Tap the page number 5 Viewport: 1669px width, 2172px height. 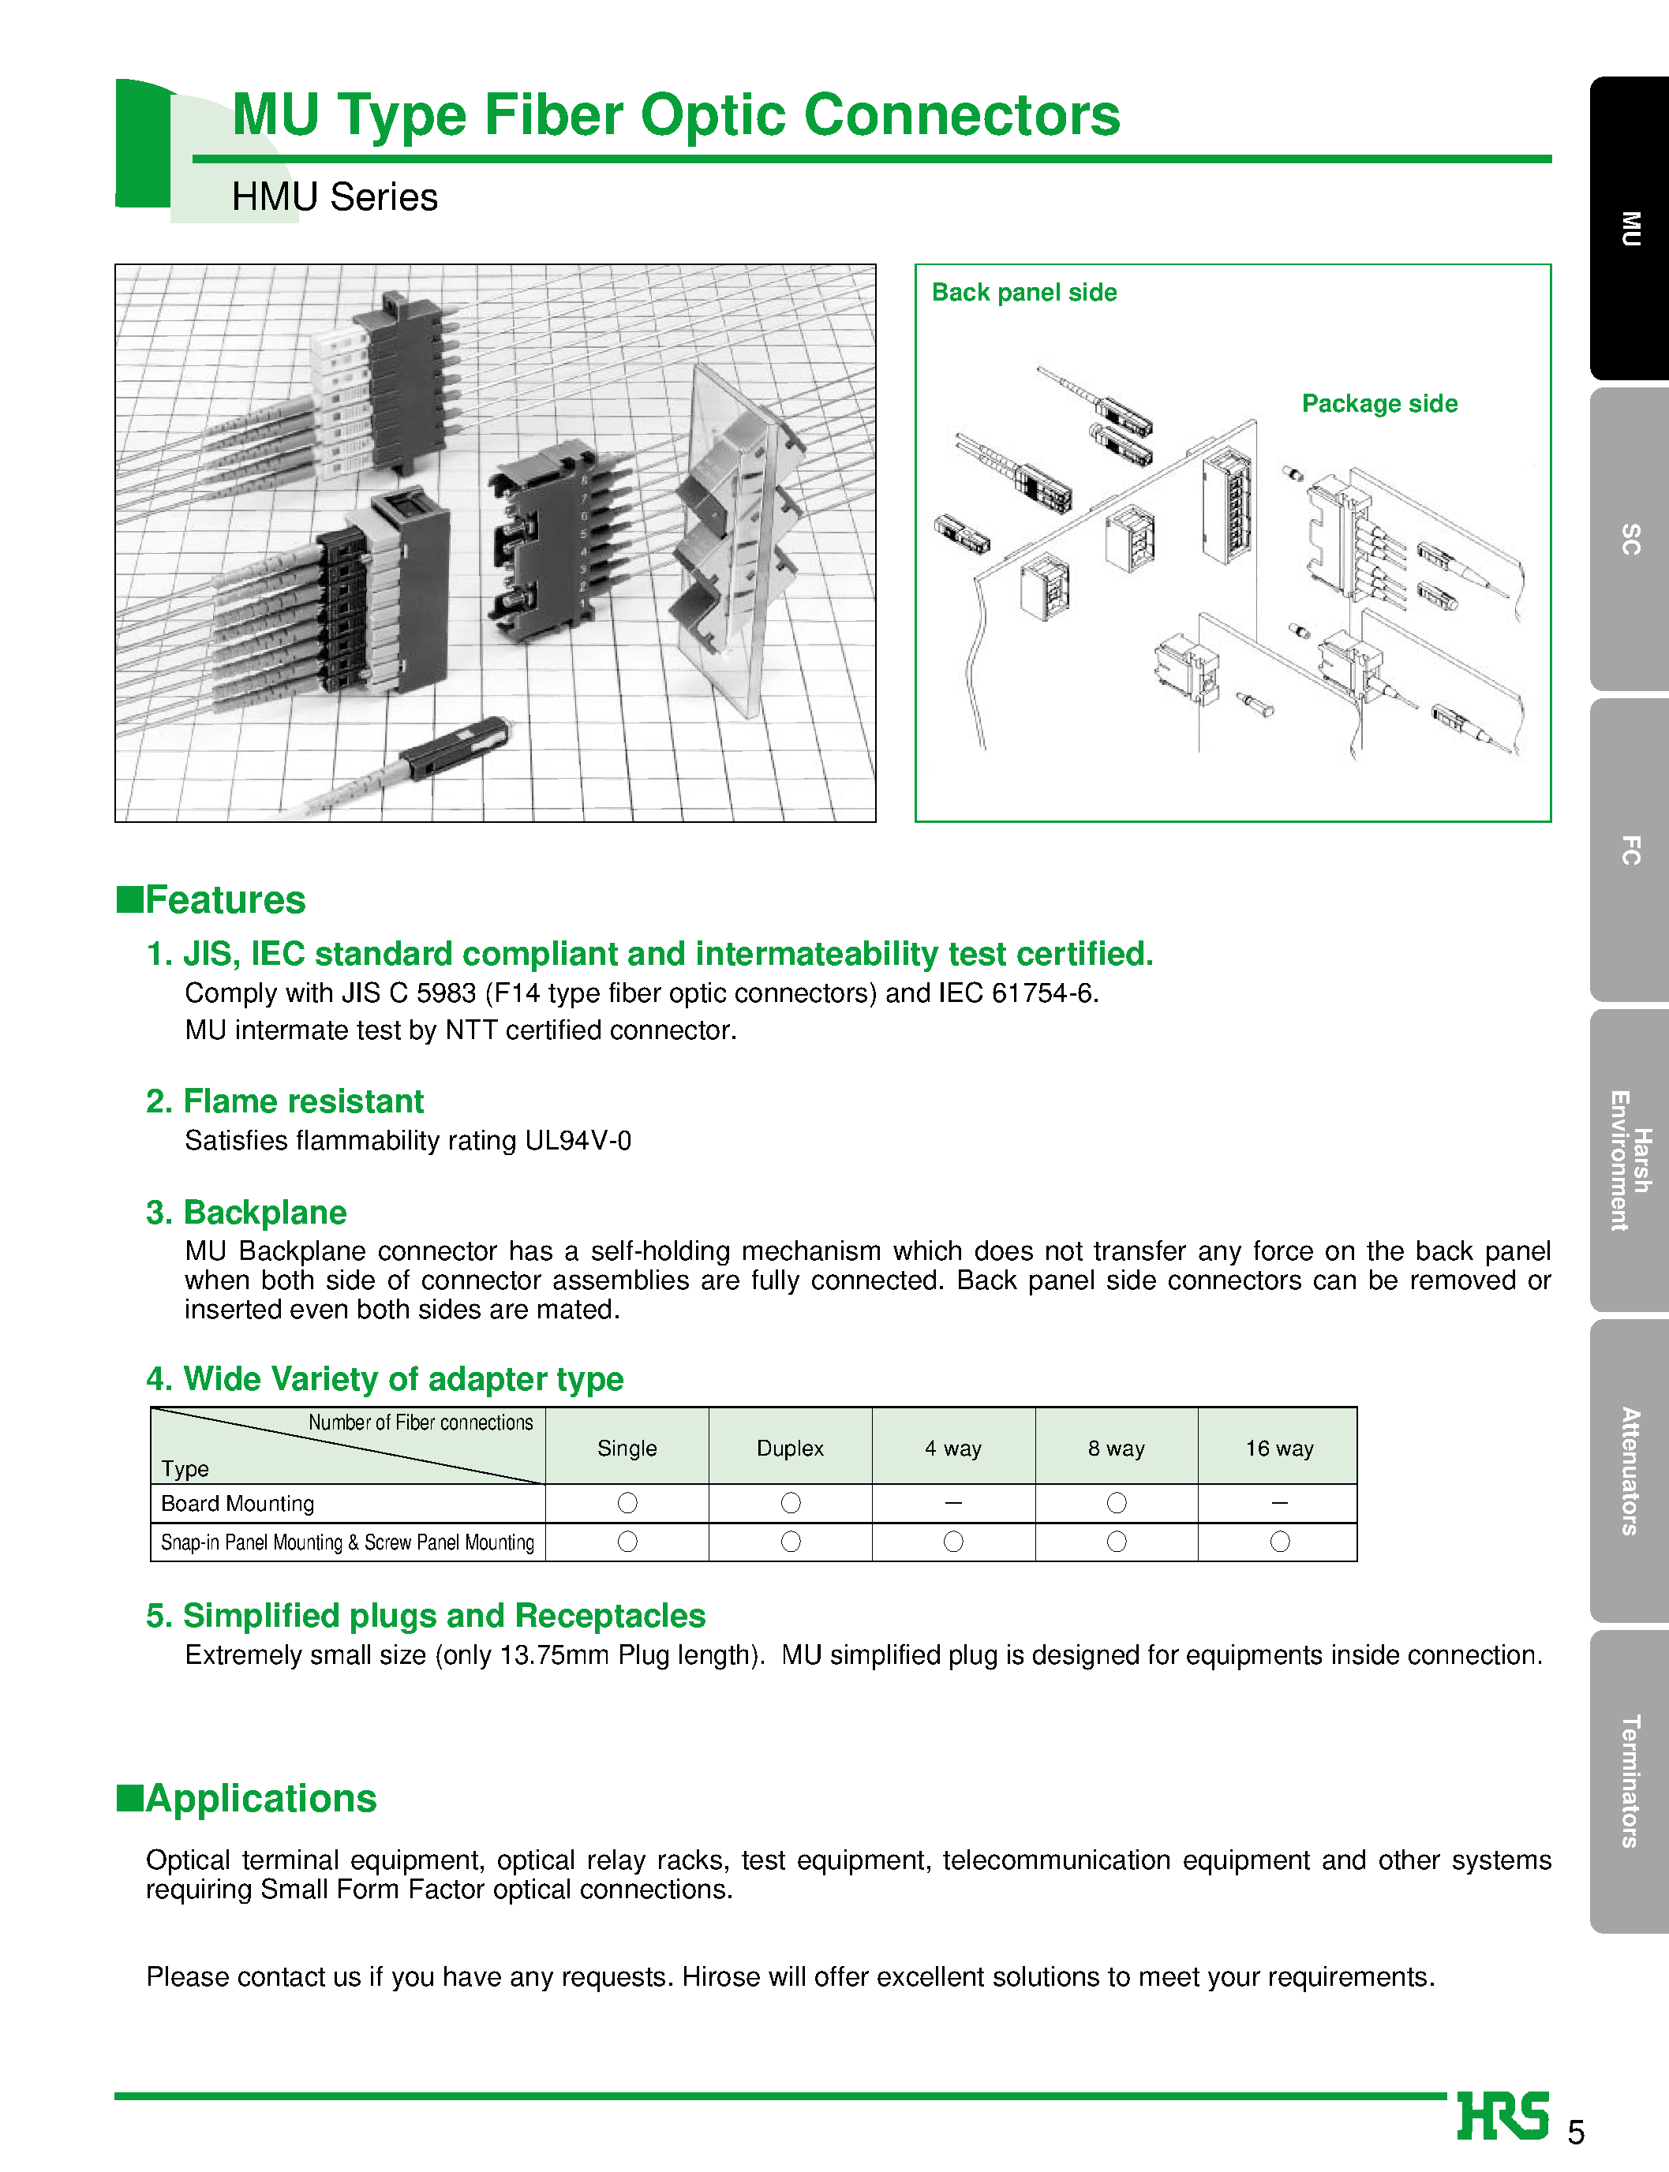tap(1576, 2133)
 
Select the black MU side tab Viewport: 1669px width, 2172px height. tap(1630, 229)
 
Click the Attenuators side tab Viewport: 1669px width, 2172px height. tap(1630, 1471)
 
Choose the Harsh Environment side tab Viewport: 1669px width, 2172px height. tap(1630, 1160)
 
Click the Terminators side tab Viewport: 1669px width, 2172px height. tap(1630, 1781)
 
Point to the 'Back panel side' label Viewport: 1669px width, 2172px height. tap(1023, 292)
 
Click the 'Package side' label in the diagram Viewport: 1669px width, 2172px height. tap(1379, 403)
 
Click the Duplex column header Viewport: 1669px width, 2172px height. tap(790, 1448)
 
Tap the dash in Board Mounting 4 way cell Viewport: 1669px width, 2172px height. tap(952, 1503)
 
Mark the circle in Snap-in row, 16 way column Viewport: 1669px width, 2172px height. tap(1280, 1542)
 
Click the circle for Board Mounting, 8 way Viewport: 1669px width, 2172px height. tap(1117, 1503)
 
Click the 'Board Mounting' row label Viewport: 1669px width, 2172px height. tap(238, 1504)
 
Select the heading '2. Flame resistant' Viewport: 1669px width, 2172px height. tap(284, 1101)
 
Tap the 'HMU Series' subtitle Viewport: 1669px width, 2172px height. tap(334, 196)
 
